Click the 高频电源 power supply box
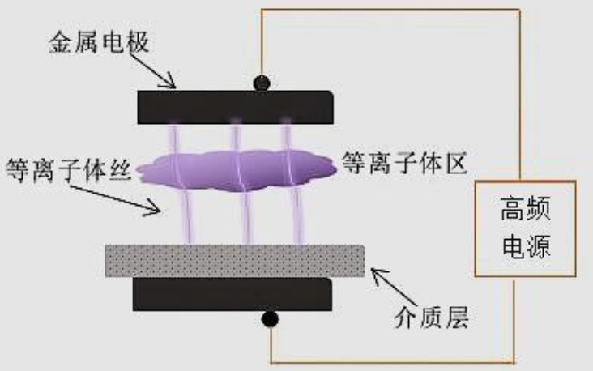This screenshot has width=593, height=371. (524, 230)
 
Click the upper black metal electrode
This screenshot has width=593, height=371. (235, 107)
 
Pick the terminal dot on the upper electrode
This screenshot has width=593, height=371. (262, 83)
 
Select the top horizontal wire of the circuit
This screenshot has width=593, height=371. (389, 11)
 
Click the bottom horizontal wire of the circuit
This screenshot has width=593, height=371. (389, 360)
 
